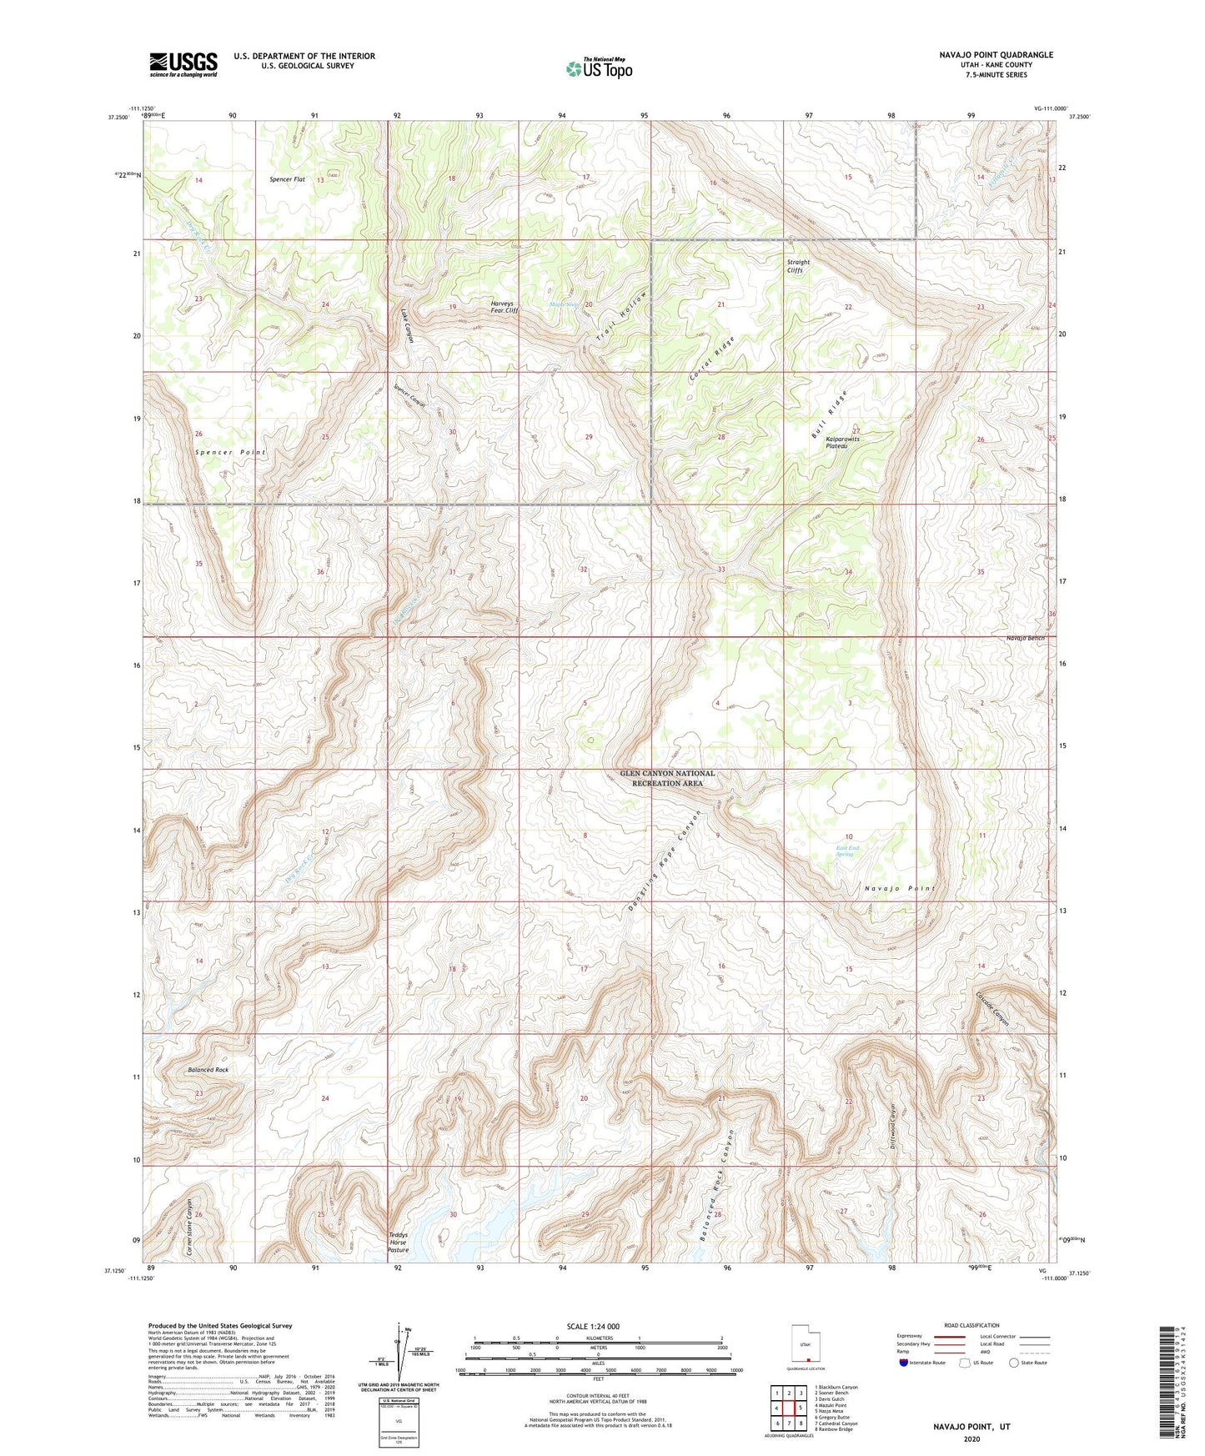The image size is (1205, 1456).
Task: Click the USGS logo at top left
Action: tap(183, 64)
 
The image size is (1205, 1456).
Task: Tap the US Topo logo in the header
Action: tap(599, 68)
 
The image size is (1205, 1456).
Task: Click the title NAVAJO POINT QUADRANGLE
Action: tap(996, 55)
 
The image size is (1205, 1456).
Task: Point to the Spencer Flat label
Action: tap(287, 179)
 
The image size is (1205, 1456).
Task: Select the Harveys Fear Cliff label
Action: tap(504, 307)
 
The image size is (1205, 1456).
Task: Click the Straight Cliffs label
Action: tap(798, 266)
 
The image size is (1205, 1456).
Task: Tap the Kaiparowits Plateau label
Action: tap(841, 442)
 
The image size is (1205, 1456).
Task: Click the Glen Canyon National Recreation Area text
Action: tap(666, 778)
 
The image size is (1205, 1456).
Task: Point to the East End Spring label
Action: tap(846, 851)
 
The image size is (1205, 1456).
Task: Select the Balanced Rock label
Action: tap(208, 1069)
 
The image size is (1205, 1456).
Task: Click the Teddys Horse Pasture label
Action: tap(399, 1243)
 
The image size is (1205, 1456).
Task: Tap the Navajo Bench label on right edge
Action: tap(1025, 638)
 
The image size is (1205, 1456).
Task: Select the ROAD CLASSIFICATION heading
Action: tap(972, 1325)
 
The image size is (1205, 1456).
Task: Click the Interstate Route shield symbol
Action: tap(905, 1363)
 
